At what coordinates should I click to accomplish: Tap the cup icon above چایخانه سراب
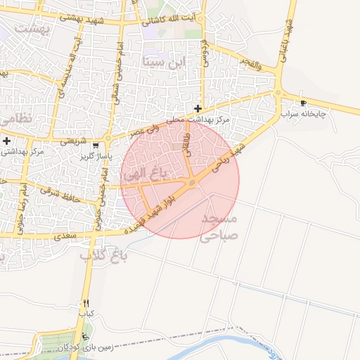[x=303, y=103]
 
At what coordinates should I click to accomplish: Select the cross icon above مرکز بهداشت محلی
[x=199, y=108]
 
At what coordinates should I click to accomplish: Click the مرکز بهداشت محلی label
[x=201, y=120]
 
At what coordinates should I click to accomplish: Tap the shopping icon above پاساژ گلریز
[x=96, y=146]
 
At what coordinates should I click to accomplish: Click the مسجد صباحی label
[x=221, y=229]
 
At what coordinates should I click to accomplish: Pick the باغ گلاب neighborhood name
[x=104, y=255]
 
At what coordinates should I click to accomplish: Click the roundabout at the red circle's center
[x=192, y=184]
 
